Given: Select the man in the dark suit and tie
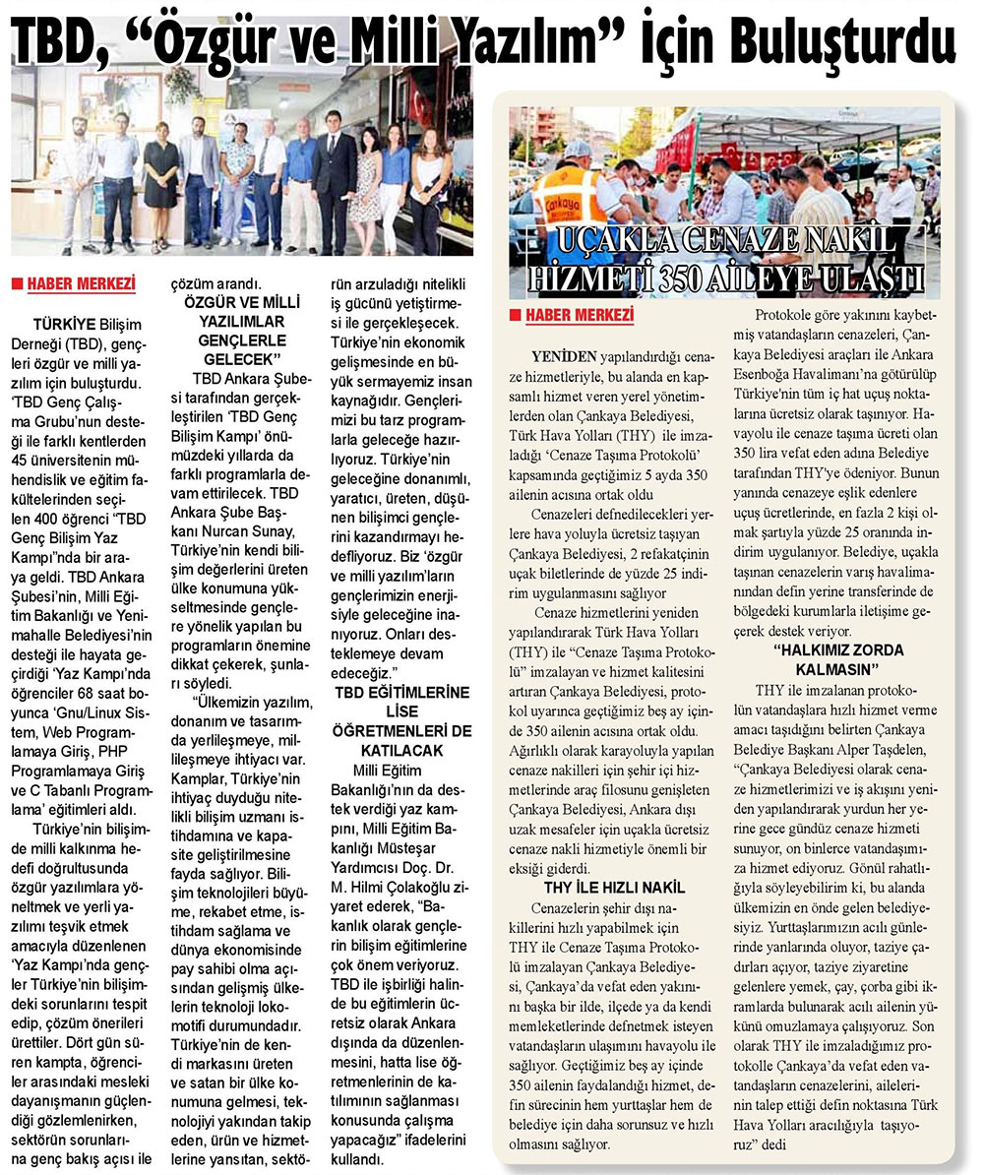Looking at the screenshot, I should [x=335, y=177].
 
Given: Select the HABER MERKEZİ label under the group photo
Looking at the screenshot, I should [x=80, y=286].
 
